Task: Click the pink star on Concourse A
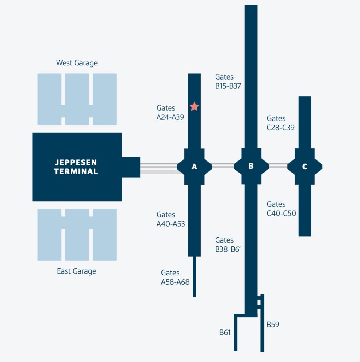(x=194, y=106)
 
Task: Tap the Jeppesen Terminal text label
(x=76, y=167)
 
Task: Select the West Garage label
(x=77, y=63)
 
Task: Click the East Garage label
(x=76, y=271)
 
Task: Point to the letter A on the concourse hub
(x=194, y=167)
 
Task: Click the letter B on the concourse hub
(x=251, y=166)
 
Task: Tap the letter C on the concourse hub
(x=305, y=167)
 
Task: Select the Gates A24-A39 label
(x=170, y=112)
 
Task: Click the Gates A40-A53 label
(x=171, y=219)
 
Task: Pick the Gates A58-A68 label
(x=175, y=278)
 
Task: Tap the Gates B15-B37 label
(x=228, y=81)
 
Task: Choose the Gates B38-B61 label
(x=228, y=245)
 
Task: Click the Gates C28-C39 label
(x=281, y=123)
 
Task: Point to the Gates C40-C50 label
(x=281, y=209)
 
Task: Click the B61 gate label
(x=225, y=332)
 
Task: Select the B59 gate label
(x=273, y=324)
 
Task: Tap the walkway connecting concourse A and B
(x=223, y=165)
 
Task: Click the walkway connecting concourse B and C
(x=278, y=165)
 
